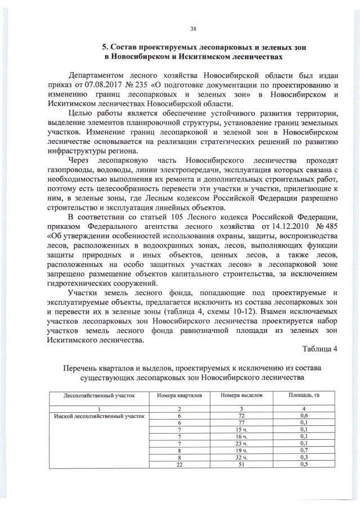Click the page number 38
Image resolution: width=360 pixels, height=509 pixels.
point(193,29)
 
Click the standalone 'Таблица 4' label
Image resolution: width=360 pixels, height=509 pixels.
point(319,348)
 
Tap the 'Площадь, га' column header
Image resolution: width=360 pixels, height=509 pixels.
point(303,395)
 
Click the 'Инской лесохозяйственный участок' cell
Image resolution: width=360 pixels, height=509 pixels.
point(99,416)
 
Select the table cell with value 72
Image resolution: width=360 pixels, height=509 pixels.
point(242,416)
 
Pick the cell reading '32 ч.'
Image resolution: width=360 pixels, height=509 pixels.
point(242,457)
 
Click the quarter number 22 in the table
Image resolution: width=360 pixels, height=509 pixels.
point(179,464)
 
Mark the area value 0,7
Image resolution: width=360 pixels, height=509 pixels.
point(303,451)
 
